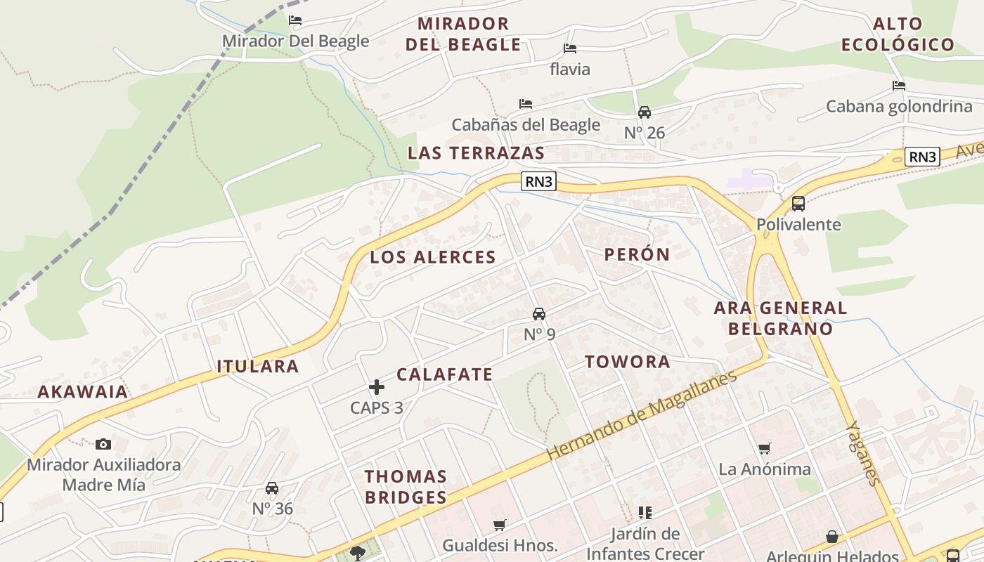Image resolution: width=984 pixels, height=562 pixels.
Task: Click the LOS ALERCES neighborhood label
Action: [x=433, y=257]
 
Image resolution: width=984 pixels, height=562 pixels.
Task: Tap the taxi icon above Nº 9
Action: [x=539, y=313]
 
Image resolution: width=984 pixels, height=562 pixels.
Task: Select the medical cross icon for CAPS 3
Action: [x=377, y=386]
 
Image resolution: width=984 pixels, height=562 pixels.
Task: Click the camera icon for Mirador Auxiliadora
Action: [x=103, y=444]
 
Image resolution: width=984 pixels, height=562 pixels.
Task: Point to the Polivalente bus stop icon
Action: [x=798, y=204]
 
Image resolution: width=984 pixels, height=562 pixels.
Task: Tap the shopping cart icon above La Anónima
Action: [x=764, y=448]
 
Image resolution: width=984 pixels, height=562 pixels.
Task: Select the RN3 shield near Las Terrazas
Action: [x=539, y=181]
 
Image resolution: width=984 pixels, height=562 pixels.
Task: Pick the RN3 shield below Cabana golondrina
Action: [x=922, y=157]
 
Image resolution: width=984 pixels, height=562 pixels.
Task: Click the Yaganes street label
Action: [x=862, y=453]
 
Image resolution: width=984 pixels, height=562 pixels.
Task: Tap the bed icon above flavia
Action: [x=570, y=48]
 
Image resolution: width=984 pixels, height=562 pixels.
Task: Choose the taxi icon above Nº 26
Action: [x=644, y=112]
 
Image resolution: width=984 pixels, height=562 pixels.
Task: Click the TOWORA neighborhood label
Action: [x=628, y=362]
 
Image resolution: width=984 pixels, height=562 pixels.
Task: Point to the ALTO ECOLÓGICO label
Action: [x=898, y=34]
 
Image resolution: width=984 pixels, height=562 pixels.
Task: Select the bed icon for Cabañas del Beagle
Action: [x=526, y=104]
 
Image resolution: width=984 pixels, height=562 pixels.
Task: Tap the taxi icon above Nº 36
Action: [x=272, y=488]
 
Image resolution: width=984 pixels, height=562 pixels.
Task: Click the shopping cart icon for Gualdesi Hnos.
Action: [x=500, y=524]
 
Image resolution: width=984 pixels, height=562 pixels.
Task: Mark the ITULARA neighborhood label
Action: [x=258, y=366]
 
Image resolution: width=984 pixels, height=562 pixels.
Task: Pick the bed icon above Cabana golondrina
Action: [x=898, y=86]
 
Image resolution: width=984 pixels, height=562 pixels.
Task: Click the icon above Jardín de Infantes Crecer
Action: [x=645, y=513]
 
